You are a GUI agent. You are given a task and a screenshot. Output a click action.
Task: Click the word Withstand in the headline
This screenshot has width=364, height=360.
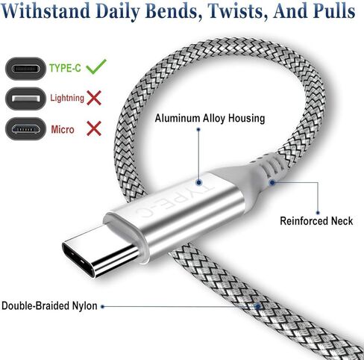point(45,10)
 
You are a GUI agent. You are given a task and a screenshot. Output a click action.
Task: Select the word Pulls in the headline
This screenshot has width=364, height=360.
point(333,10)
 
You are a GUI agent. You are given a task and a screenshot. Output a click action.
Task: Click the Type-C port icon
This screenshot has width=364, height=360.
point(25,69)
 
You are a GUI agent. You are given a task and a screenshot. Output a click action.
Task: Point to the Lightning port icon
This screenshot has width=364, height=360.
point(25,99)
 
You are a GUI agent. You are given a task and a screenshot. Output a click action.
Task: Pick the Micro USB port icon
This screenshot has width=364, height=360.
point(25,128)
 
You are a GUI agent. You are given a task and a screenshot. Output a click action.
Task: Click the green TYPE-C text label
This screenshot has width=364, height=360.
point(65,68)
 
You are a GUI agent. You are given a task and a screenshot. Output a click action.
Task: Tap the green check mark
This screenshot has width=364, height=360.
point(96,66)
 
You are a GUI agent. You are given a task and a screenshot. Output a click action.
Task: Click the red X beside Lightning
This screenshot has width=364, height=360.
point(94,98)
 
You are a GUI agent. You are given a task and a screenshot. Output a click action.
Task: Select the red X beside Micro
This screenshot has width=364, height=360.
point(94,128)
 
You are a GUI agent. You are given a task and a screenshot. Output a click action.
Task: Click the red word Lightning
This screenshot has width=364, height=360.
point(67,98)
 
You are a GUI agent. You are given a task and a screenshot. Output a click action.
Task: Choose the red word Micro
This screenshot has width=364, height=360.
point(63,130)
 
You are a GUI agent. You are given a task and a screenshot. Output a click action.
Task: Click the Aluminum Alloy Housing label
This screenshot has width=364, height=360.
point(210,118)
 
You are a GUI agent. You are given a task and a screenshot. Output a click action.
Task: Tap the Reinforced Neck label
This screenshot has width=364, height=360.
point(316,221)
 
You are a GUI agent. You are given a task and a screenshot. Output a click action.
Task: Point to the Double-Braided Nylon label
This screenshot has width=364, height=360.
point(49,306)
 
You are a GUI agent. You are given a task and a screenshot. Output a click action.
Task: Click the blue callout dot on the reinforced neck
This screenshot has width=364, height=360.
point(272,183)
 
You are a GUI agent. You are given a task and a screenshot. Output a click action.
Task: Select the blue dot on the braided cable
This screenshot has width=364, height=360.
point(258,306)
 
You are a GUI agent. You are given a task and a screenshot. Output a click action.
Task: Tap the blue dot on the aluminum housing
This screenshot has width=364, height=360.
point(198,183)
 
